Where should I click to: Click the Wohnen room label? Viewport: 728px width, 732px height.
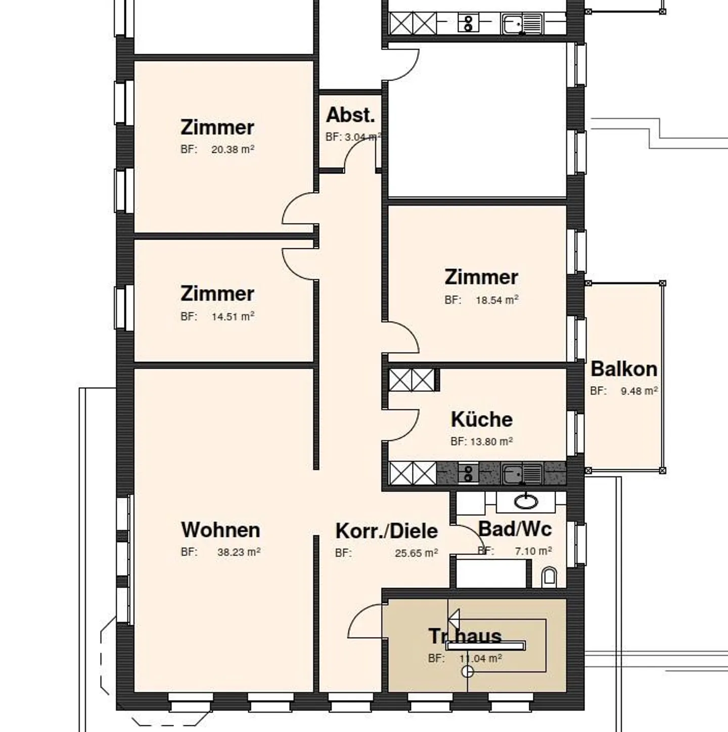tap(220, 530)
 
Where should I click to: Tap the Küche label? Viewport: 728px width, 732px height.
tap(481, 420)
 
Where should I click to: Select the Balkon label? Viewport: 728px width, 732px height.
tap(624, 369)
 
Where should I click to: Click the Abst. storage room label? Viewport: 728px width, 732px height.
tap(350, 115)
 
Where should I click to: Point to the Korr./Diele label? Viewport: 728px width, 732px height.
tap(386, 531)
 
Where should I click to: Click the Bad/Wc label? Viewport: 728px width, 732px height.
tap(515, 529)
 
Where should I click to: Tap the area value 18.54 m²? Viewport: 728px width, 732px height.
tap(496, 300)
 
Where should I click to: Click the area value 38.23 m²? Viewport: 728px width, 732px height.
tap(239, 553)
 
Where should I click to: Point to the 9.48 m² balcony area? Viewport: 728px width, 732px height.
tap(639, 391)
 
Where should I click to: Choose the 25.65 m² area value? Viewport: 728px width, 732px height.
tap(416, 554)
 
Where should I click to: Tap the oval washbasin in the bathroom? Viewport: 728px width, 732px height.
tap(526, 501)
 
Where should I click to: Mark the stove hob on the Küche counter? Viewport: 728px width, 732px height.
tap(468, 474)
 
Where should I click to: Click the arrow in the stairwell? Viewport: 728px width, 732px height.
tap(454, 618)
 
